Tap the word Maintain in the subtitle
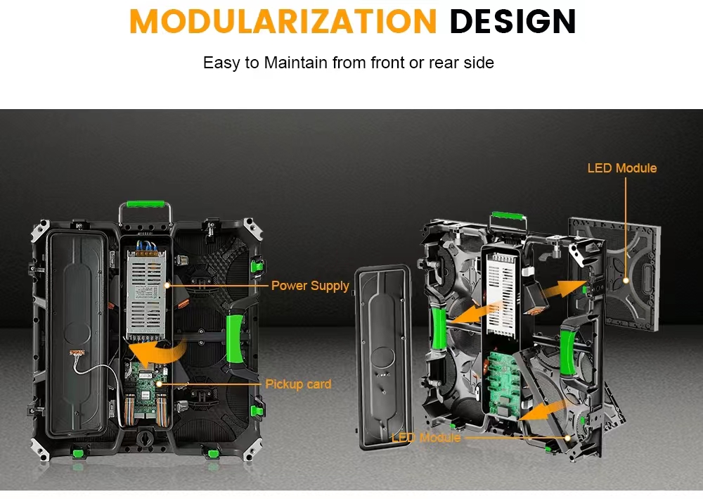(x=296, y=63)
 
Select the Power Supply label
(x=310, y=286)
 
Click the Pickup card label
(x=298, y=384)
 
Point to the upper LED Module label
(x=621, y=168)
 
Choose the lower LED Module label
(x=425, y=438)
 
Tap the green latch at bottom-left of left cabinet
(x=77, y=451)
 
